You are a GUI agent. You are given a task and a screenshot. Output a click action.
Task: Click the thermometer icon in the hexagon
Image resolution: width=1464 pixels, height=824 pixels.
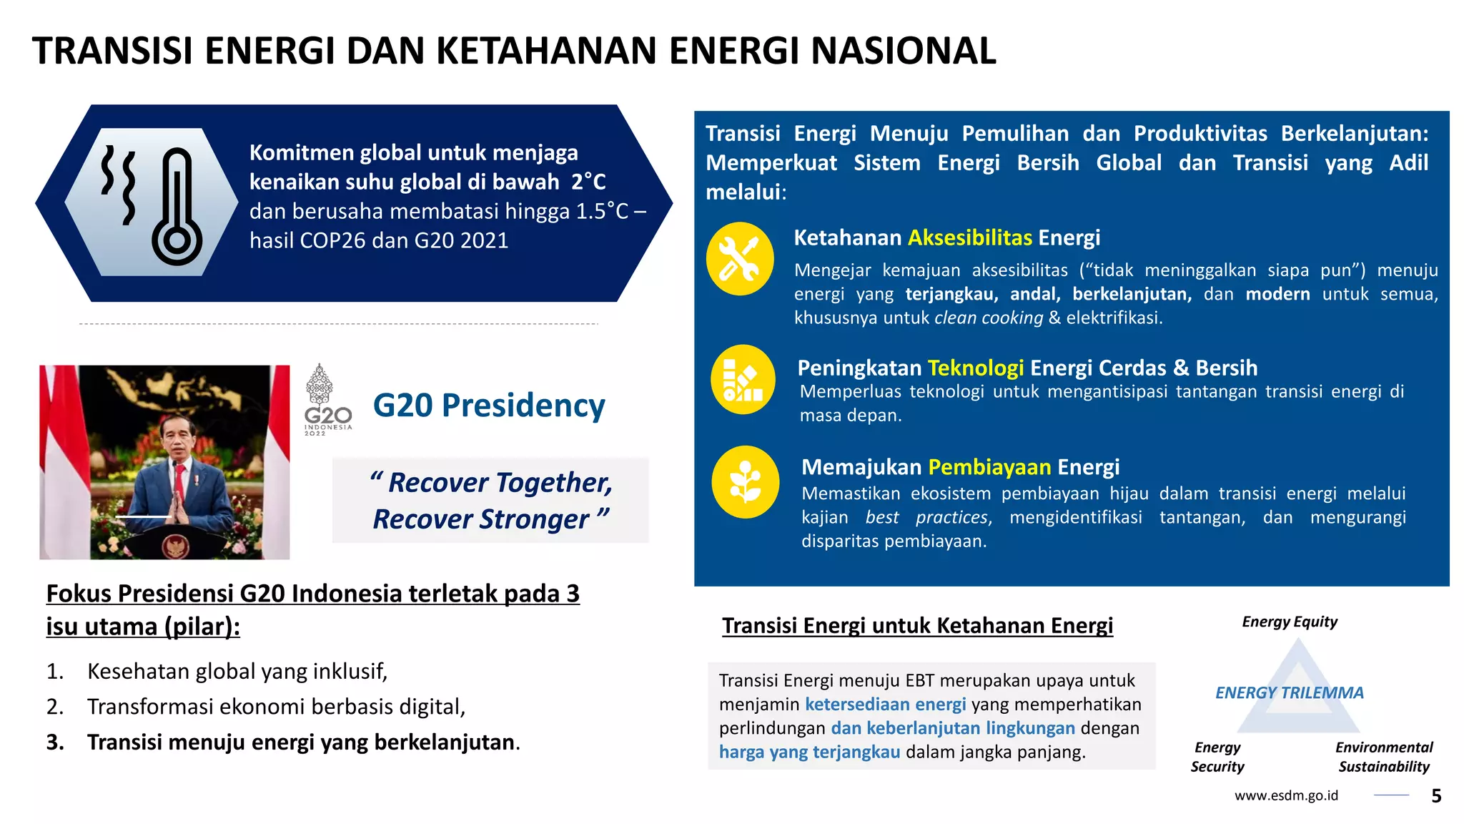pyautogui.click(x=177, y=207)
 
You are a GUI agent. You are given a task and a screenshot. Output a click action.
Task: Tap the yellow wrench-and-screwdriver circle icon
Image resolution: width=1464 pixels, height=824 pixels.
pyautogui.click(x=740, y=259)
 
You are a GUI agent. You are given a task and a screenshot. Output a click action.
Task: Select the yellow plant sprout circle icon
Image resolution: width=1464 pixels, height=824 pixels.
pyautogui.click(x=745, y=482)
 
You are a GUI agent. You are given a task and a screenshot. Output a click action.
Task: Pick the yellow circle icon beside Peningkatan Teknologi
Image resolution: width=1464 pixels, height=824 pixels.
pyautogui.click(x=743, y=380)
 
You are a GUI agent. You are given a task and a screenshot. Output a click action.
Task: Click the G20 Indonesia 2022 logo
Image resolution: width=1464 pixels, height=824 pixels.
pyautogui.click(x=327, y=401)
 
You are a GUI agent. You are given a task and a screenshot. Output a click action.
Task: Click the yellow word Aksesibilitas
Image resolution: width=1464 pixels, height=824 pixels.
pyautogui.click(x=970, y=238)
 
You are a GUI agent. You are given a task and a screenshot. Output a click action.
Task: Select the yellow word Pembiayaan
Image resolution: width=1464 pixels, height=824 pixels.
pyautogui.click(x=989, y=468)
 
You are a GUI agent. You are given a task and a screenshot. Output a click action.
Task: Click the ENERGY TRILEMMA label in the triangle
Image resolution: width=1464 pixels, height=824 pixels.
pyautogui.click(x=1289, y=693)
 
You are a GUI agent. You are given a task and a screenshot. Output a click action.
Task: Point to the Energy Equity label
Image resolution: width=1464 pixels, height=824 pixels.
pyautogui.click(x=1289, y=622)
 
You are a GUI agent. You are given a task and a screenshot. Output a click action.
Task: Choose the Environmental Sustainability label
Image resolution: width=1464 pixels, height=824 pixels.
pyautogui.click(x=1383, y=757)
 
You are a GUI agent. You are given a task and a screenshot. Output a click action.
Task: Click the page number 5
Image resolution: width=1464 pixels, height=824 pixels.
pyautogui.click(x=1436, y=796)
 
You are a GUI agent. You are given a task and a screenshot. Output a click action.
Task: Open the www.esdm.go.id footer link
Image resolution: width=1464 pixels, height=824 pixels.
pyautogui.click(x=1285, y=796)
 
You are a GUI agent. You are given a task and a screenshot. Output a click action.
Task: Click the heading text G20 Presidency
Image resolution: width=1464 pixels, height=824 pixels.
pyautogui.click(x=489, y=406)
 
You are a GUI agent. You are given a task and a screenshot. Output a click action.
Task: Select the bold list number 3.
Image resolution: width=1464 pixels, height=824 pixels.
pyautogui.click(x=54, y=742)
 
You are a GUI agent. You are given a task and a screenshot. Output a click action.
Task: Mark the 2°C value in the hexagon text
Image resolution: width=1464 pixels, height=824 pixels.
pyautogui.click(x=588, y=182)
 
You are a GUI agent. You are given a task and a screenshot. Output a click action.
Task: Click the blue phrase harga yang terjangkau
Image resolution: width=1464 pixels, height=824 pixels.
pyautogui.click(x=809, y=752)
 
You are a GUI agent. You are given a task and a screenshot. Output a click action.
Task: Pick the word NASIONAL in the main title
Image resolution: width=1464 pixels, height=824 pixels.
pyautogui.click(x=903, y=51)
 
